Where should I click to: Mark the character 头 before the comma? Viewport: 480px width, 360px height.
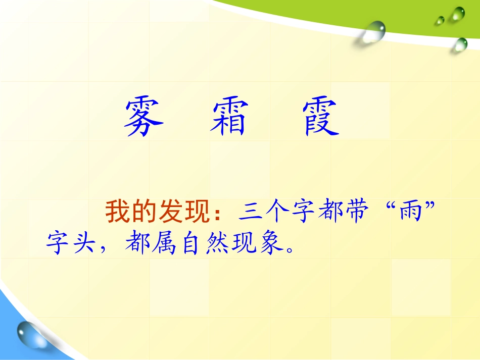(85, 244)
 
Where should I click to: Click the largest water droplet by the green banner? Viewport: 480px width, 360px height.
(373, 31)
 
